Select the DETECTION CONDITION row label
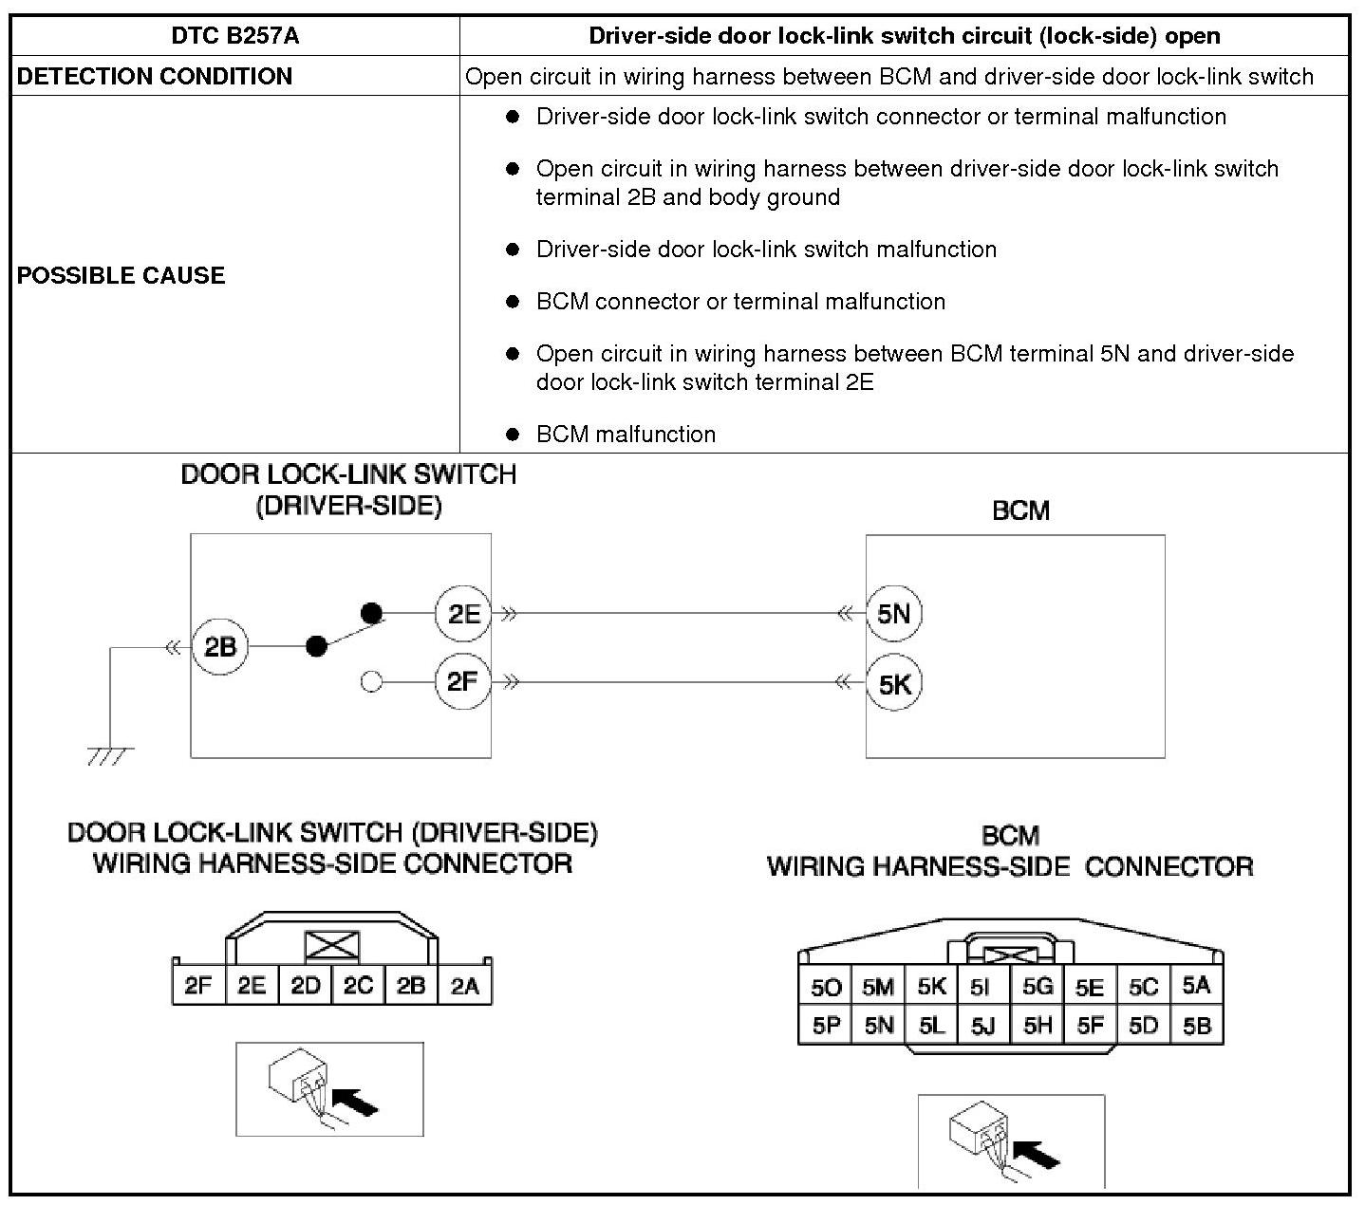pyautogui.click(x=155, y=76)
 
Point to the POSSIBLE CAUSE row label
pyautogui.click(x=122, y=275)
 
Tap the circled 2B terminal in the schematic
pyautogui.click(x=219, y=647)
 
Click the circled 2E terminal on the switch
pyautogui.click(x=462, y=613)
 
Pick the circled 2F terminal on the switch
pyautogui.click(x=462, y=681)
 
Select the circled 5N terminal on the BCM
pyautogui.click(x=893, y=613)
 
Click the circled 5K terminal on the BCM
pyautogui.click(x=893, y=683)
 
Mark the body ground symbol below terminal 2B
pyautogui.click(x=110, y=755)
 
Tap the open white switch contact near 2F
pyautogui.click(x=372, y=681)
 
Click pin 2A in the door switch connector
pyautogui.click(x=464, y=986)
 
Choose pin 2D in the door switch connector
pyautogui.click(x=305, y=986)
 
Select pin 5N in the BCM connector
pyautogui.click(x=879, y=1025)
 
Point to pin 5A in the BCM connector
pyautogui.click(x=1196, y=986)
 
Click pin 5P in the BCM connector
pyautogui.click(x=826, y=1025)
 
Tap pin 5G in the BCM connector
pyautogui.click(x=1037, y=987)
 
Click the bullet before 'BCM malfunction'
pyautogui.click(x=513, y=435)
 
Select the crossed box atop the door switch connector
pyautogui.click(x=332, y=945)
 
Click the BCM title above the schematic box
pyautogui.click(x=1020, y=510)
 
